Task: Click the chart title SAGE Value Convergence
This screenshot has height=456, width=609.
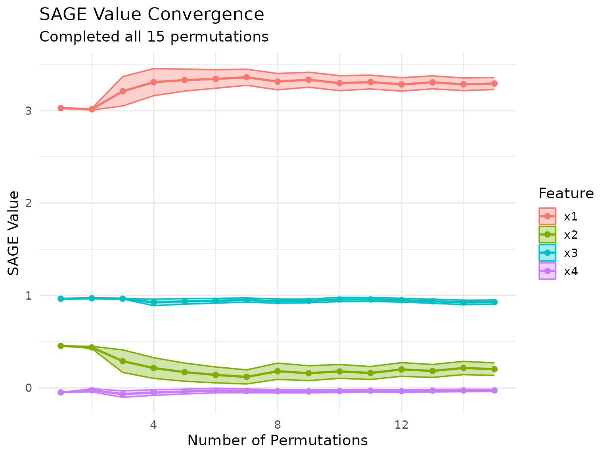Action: point(151,15)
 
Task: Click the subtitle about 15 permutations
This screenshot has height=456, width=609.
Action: point(154,37)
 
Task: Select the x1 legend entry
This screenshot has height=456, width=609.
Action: point(571,217)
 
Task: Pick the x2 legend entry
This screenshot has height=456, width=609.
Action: point(571,235)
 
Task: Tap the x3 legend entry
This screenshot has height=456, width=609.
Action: point(571,253)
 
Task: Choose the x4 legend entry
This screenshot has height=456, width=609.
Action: point(571,271)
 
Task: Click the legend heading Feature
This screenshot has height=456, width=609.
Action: point(566,194)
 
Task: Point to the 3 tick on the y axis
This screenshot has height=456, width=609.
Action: point(28,111)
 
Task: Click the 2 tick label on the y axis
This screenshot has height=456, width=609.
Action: point(28,203)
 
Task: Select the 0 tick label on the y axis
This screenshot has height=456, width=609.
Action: point(28,388)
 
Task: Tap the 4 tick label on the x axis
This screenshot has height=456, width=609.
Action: point(153,425)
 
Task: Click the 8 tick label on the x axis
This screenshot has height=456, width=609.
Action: point(278,425)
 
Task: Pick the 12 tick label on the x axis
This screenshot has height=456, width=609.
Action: point(402,425)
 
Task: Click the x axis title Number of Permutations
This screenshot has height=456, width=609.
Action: point(278,441)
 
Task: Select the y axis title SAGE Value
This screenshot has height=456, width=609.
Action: point(14,233)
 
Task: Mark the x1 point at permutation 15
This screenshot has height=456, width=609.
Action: point(494,84)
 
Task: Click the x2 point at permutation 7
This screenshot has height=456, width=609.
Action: point(247,377)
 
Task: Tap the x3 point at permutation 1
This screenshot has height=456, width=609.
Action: point(61,299)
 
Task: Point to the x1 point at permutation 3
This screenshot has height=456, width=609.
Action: point(123,91)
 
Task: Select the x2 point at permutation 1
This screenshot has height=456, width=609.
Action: point(61,346)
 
